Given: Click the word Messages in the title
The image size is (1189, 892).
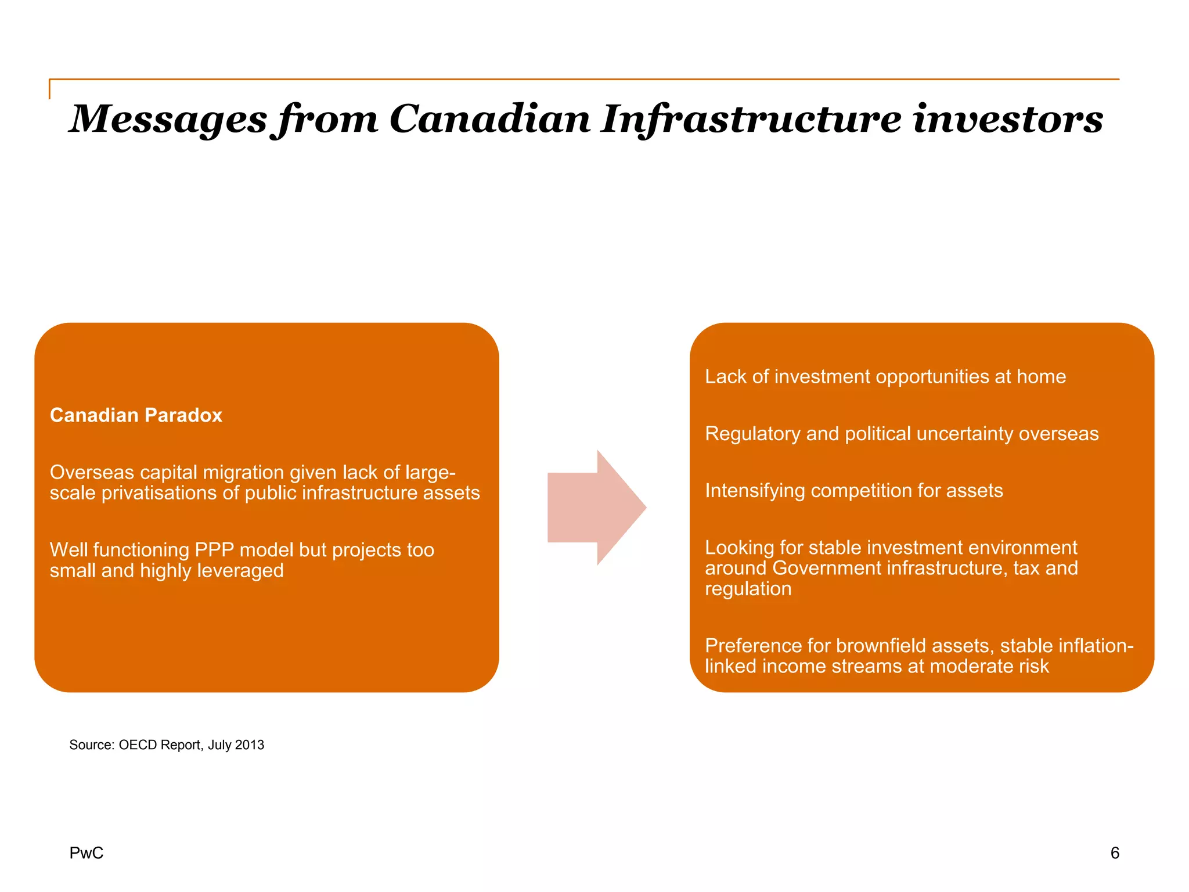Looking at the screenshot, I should pyautogui.click(x=168, y=119).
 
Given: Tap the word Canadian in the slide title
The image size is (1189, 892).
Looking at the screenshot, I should pyautogui.click(x=489, y=119).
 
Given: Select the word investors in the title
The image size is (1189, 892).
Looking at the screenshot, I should pyautogui.click(x=1007, y=119).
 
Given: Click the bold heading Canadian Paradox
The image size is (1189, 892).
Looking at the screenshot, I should pyautogui.click(x=136, y=415).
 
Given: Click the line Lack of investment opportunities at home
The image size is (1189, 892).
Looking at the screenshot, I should pyautogui.click(x=885, y=377).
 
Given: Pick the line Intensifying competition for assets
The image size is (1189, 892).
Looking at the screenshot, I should pyautogui.click(x=853, y=491).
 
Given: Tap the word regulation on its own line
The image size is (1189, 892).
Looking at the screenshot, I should pyautogui.click(x=748, y=589).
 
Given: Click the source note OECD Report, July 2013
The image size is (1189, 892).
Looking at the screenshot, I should pyautogui.click(x=167, y=745).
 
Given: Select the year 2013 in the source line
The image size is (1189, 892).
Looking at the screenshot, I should pyautogui.click(x=250, y=745).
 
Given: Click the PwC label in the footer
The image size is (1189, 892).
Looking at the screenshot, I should pyautogui.click(x=86, y=853).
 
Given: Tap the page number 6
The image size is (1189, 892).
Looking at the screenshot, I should pyautogui.click(x=1114, y=853).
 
